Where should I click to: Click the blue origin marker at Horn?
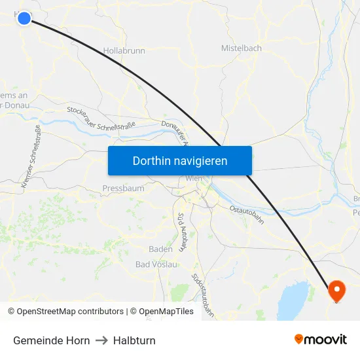pyautogui.click(x=24, y=18)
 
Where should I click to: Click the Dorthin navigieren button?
pyautogui.click(x=180, y=161)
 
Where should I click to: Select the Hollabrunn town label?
pyautogui.click(x=124, y=50)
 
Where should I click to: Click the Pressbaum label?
pyautogui.click(x=123, y=189)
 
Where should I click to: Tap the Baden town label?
pyautogui.click(x=160, y=249)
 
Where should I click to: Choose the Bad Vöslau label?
pyautogui.click(x=156, y=264)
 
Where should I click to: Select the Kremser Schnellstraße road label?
pyautogui.click(x=31, y=157)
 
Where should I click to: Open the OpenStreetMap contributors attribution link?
pyautogui.click(x=70, y=312)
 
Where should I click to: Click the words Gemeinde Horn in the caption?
pyautogui.click(x=52, y=340)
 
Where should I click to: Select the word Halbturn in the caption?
pyautogui.click(x=134, y=340)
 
